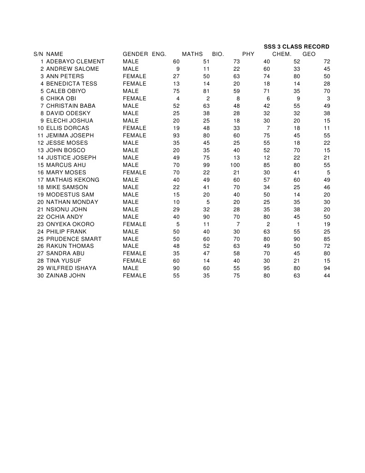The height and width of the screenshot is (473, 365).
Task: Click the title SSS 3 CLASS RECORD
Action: [x=296, y=47]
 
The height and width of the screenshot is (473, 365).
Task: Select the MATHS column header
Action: [x=192, y=54]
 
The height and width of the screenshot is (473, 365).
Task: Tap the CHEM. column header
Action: [x=281, y=54]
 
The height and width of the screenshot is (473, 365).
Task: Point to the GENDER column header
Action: [x=135, y=54]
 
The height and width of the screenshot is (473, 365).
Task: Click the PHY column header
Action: [x=248, y=54]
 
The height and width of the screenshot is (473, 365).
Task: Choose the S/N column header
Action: [x=38, y=54]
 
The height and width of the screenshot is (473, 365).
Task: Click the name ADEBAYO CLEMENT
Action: [x=75, y=61]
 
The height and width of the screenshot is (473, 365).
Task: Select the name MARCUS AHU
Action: [x=66, y=165]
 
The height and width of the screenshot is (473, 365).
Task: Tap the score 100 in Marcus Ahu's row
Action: [x=235, y=165]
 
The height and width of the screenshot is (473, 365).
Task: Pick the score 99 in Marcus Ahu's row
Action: [x=206, y=165]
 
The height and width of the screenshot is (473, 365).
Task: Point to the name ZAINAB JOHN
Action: [x=66, y=276]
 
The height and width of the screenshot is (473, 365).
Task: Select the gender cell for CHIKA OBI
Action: [x=134, y=98]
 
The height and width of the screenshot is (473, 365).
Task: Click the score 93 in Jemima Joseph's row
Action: [x=176, y=135]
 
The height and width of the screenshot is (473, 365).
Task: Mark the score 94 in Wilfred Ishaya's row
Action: [x=327, y=268]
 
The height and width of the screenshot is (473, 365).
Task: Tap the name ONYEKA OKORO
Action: [x=70, y=224]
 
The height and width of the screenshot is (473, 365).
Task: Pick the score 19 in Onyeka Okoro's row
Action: [x=327, y=224]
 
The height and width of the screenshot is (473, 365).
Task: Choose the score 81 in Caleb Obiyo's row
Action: [x=206, y=91]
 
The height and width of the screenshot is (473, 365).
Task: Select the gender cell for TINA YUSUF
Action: [x=134, y=261]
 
